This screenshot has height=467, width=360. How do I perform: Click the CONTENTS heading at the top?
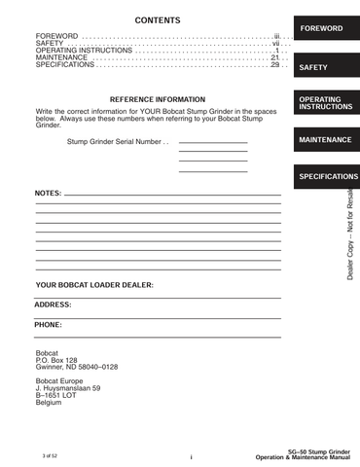tap(157, 20)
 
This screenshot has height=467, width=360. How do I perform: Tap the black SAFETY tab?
tap(315, 68)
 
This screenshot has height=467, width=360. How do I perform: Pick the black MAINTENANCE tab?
tap(325, 140)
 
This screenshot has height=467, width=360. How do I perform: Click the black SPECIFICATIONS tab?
tap(328, 177)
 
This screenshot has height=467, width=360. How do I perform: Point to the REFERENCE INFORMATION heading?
tap(158, 100)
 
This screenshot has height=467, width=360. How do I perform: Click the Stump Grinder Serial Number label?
tap(118, 142)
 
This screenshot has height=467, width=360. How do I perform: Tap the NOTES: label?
tap(49, 194)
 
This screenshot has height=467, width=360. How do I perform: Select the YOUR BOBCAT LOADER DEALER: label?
tap(94, 285)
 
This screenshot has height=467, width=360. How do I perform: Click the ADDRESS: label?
tap(54, 305)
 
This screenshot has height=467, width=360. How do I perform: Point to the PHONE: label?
tap(49, 324)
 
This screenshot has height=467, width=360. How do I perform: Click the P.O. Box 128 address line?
tap(56, 360)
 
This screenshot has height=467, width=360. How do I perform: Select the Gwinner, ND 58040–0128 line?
tap(76, 367)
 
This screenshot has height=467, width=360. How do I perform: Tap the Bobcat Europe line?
tap(60, 381)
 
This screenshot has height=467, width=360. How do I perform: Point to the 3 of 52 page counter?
tap(51, 454)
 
